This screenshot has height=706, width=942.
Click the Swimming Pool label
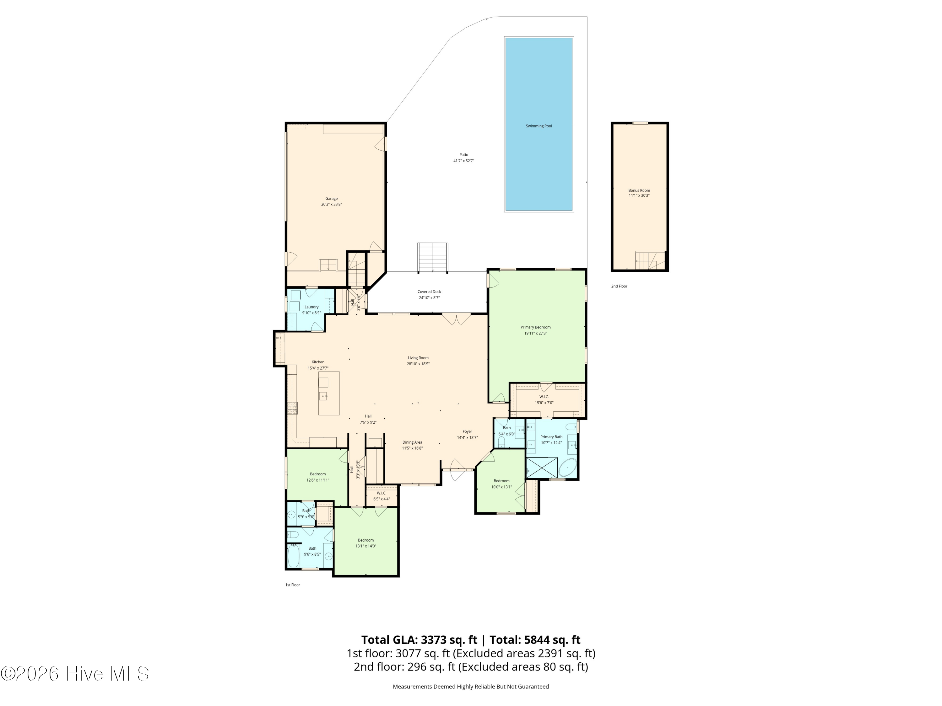(539, 126)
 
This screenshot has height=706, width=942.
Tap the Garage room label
(331, 198)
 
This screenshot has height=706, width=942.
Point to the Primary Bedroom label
(535, 327)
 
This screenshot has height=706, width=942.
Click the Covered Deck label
(429, 292)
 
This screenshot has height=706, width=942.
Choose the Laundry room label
(311, 307)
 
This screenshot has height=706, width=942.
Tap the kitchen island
(329, 393)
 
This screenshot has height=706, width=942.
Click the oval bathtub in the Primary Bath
(567, 468)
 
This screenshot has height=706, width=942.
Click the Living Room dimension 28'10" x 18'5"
(418, 364)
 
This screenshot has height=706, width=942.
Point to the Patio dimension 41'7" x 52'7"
(464, 161)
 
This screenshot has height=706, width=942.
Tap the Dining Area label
(412, 442)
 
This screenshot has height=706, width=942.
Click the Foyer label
(467, 431)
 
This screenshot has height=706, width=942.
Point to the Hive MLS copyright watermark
(75, 674)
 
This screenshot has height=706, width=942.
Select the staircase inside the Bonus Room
(650, 260)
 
